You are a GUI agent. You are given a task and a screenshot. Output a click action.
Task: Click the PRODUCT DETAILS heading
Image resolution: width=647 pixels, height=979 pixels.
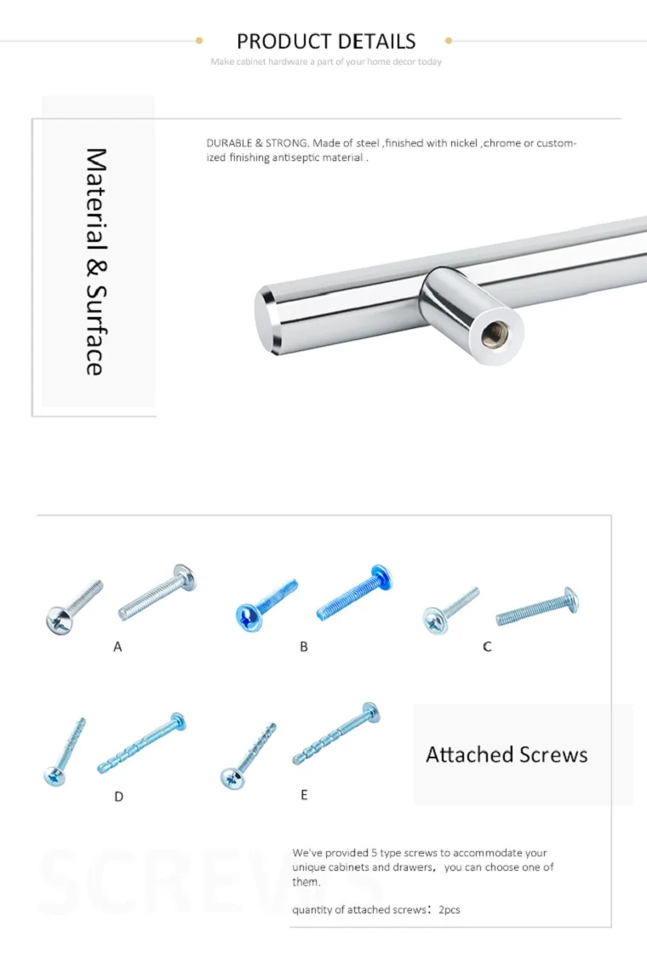click(x=326, y=41)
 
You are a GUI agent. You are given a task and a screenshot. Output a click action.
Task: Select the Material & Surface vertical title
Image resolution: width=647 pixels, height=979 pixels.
click(x=95, y=262)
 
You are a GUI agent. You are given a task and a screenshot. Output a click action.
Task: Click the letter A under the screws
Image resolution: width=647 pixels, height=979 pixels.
click(x=117, y=647)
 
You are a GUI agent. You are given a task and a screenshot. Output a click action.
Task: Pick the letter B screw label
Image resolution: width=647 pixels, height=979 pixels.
click(x=304, y=647)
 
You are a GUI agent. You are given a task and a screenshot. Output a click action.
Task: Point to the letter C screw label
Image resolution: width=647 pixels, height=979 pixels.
click(x=487, y=647)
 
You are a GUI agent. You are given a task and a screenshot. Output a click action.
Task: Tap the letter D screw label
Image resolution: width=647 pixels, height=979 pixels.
click(x=118, y=797)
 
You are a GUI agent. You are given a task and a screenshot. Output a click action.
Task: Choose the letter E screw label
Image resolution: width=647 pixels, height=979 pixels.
click(x=304, y=795)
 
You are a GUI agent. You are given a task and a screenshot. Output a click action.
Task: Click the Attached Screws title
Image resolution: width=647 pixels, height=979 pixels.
click(x=507, y=755)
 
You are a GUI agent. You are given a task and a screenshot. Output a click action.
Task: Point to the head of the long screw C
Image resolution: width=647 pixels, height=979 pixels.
click(x=570, y=601)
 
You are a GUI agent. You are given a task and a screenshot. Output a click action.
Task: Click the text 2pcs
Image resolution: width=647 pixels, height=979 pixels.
click(x=449, y=910)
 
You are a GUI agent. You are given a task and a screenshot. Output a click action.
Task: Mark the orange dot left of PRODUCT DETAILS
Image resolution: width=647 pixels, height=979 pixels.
click(x=199, y=40)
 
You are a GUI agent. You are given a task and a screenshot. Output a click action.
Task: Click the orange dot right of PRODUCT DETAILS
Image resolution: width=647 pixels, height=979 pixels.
click(x=449, y=40)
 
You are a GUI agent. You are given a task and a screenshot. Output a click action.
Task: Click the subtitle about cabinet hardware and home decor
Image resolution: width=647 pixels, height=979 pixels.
click(x=326, y=61)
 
